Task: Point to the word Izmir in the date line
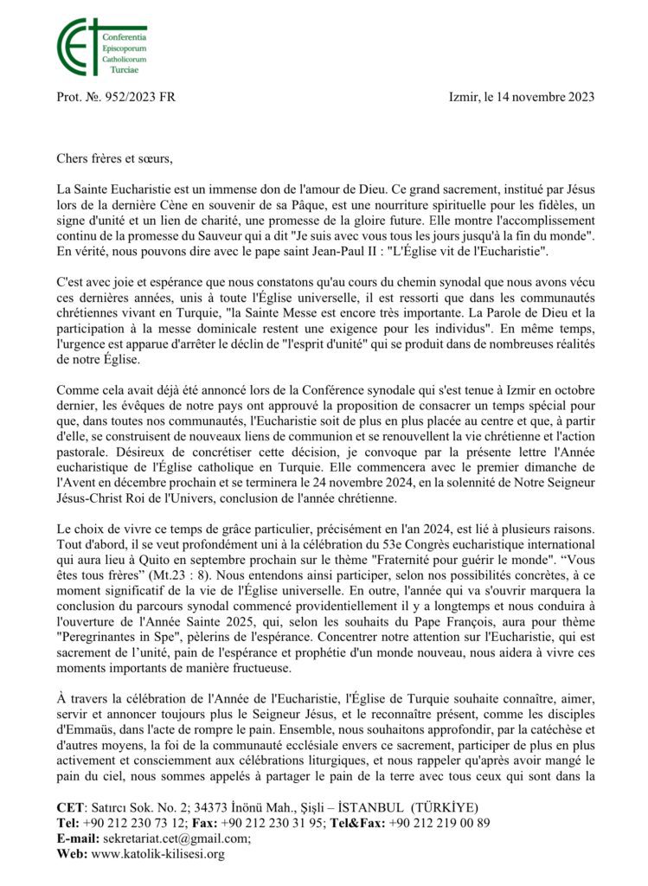coord(467,98)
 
